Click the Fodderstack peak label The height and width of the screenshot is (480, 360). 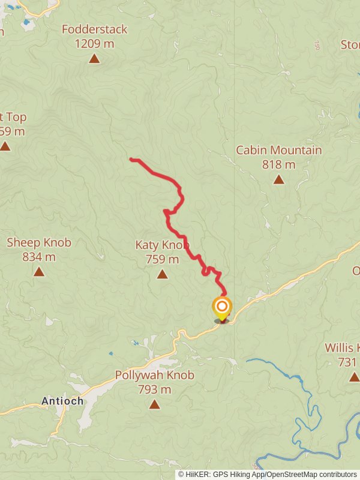coord(95,29)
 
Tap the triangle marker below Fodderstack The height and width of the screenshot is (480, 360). coord(94,58)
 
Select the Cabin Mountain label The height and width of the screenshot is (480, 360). coord(278,150)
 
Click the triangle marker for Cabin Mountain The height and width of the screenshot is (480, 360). coord(278,179)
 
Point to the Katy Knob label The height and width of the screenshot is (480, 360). coord(162,245)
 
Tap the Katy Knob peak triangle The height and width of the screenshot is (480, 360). coord(162,274)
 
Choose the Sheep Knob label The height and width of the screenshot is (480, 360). coord(39,243)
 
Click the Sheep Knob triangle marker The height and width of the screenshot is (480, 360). coord(39,272)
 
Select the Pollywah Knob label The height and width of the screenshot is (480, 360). coord(155,376)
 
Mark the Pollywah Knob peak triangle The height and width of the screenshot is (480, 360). coord(155,404)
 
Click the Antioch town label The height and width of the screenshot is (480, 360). coord(62,401)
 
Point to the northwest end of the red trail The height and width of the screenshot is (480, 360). coord(131,159)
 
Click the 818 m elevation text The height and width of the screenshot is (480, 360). coord(278,164)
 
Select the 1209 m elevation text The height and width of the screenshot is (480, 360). coord(95,43)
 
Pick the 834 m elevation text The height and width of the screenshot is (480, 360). coord(39,257)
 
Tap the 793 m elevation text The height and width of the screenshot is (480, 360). coord(155,389)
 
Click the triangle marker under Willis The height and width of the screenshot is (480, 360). coord(354,377)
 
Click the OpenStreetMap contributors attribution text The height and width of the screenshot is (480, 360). coord(313,474)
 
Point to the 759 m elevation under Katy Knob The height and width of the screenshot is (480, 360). coord(162,259)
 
